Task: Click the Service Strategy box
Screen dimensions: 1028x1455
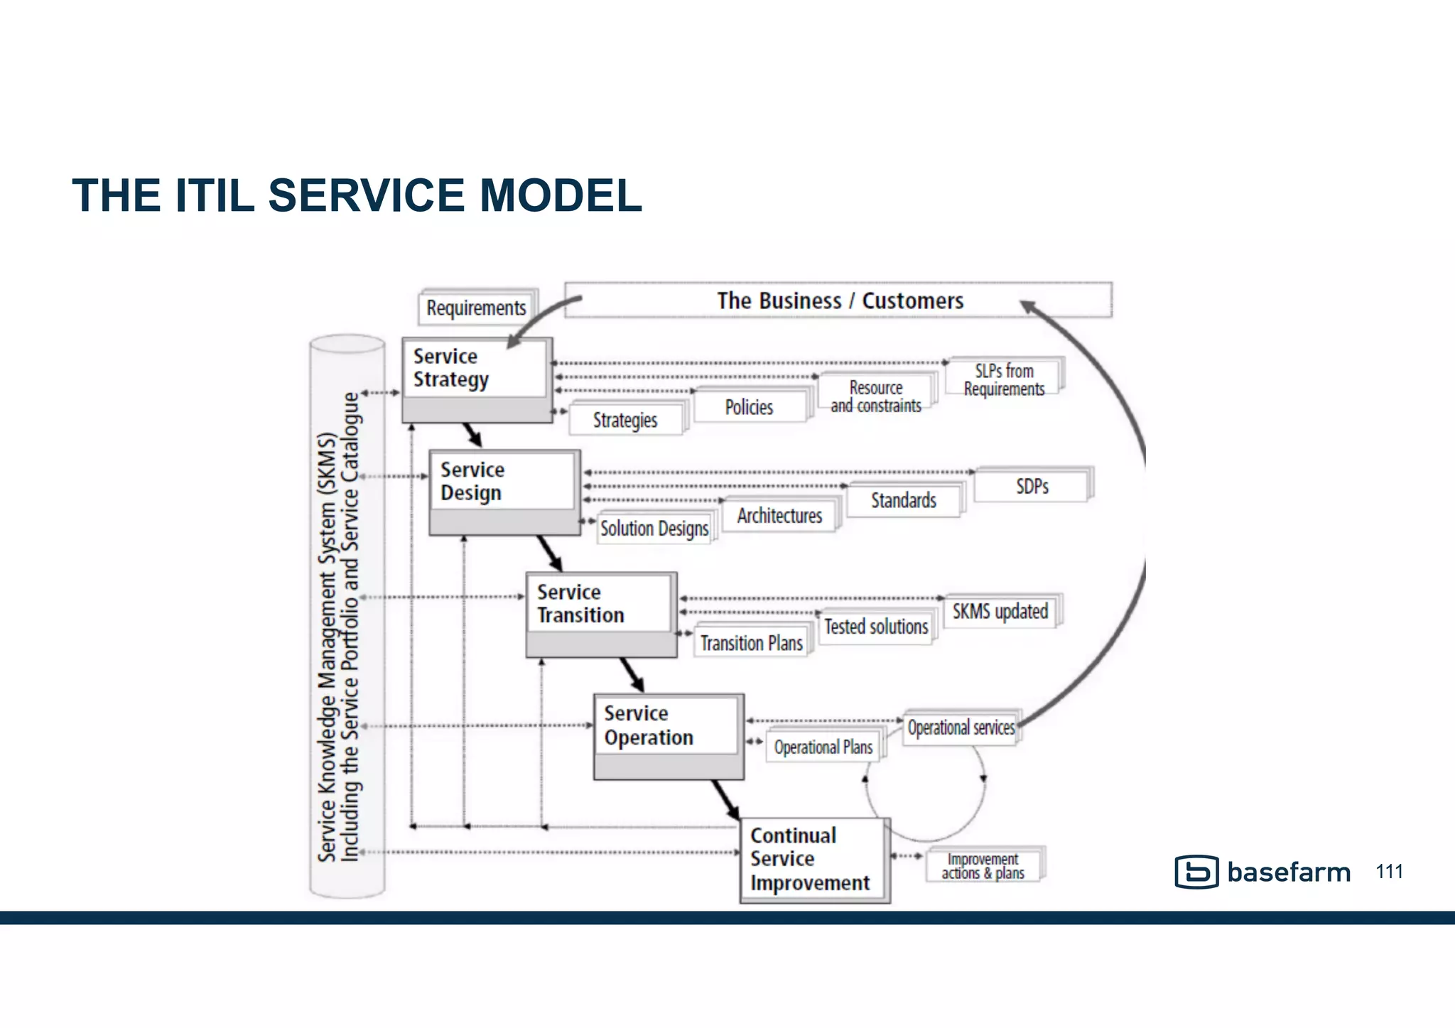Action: tap(476, 379)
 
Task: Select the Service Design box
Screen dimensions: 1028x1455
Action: tap(504, 492)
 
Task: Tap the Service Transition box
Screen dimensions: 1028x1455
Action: tap(600, 614)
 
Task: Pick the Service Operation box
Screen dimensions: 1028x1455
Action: tap(668, 736)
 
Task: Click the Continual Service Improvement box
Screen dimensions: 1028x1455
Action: tap(814, 860)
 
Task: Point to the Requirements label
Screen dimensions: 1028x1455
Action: tap(476, 308)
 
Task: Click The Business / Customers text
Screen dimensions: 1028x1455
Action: tap(840, 301)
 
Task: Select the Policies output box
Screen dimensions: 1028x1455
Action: tap(750, 407)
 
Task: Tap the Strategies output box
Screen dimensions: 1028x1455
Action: tap(625, 420)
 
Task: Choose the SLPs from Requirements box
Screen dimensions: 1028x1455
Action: tap(1003, 379)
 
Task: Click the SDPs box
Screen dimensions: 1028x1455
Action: tap(1032, 486)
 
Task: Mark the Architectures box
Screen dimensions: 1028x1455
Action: tap(779, 515)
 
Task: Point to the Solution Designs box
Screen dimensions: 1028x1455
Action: tap(654, 529)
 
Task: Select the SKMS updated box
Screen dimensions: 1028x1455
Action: tap(1000, 611)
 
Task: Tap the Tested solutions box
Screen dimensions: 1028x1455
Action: tap(875, 627)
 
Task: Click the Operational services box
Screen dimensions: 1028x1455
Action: tap(961, 727)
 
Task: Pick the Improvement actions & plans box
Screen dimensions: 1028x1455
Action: tap(983, 866)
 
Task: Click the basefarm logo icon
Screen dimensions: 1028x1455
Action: tap(1196, 872)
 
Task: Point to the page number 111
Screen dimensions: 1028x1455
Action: tap(1389, 871)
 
